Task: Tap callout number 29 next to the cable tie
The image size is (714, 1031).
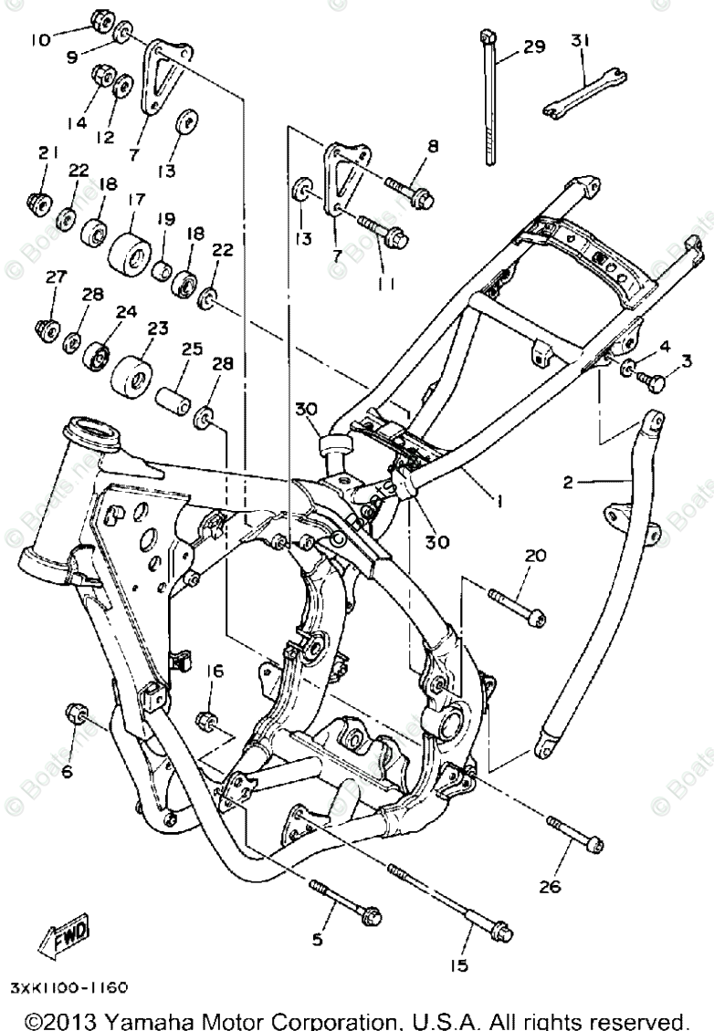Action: point(534,46)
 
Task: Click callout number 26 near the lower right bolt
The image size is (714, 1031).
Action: point(575,885)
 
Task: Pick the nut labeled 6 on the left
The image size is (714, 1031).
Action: point(75,714)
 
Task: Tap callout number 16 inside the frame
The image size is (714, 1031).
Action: point(214,672)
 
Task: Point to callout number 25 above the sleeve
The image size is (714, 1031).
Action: point(191,349)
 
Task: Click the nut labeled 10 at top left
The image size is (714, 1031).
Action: point(102,20)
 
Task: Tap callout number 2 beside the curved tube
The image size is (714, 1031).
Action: point(567,483)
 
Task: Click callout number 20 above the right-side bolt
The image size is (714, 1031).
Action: point(534,556)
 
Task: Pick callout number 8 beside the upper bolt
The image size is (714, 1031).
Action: point(433,145)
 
